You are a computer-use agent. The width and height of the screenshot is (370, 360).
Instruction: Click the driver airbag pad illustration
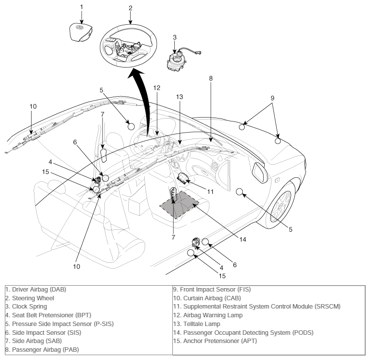tap(81, 33)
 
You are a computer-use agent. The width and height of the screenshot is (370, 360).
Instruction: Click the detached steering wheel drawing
tap(128, 46)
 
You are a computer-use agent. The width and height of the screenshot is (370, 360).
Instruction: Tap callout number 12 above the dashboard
tap(157, 88)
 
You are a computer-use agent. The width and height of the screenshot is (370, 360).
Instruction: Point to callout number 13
tap(180, 97)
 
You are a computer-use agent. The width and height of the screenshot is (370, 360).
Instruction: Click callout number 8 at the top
tap(211, 78)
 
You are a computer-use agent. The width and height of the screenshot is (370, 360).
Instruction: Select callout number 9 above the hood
tap(272, 98)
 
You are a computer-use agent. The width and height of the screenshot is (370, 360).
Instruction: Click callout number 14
tap(243, 240)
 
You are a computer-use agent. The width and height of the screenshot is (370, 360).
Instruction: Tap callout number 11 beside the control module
tap(210, 192)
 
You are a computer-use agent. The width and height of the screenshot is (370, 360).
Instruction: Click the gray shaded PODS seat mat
tap(179, 205)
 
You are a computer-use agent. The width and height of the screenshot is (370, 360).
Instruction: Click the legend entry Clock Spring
tap(26, 307)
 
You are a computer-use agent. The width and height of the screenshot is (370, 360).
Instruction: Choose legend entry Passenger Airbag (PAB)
tap(42, 350)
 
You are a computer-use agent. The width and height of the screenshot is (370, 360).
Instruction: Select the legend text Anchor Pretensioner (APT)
tap(215, 341)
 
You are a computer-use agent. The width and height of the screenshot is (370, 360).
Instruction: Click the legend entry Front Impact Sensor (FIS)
tap(212, 290)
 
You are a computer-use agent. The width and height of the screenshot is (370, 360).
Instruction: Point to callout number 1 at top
tap(82, 7)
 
